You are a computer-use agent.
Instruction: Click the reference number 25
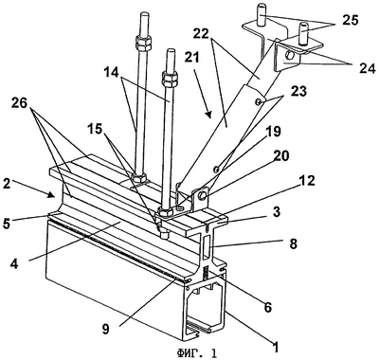(350, 20)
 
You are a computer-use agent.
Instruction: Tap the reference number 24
(367, 67)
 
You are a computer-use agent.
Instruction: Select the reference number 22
(202, 34)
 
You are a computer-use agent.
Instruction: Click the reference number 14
(111, 73)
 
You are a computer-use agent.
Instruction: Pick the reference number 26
(20, 103)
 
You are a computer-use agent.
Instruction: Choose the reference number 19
(273, 132)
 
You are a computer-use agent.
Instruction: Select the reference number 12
(307, 181)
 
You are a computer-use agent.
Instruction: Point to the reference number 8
(294, 243)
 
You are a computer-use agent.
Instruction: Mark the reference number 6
(268, 307)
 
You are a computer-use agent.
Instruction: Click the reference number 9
(105, 330)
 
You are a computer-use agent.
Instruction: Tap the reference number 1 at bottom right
(276, 347)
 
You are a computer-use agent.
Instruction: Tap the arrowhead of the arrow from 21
(208, 116)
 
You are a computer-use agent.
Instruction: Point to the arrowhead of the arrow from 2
(52, 195)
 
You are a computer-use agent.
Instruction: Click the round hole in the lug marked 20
(204, 196)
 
